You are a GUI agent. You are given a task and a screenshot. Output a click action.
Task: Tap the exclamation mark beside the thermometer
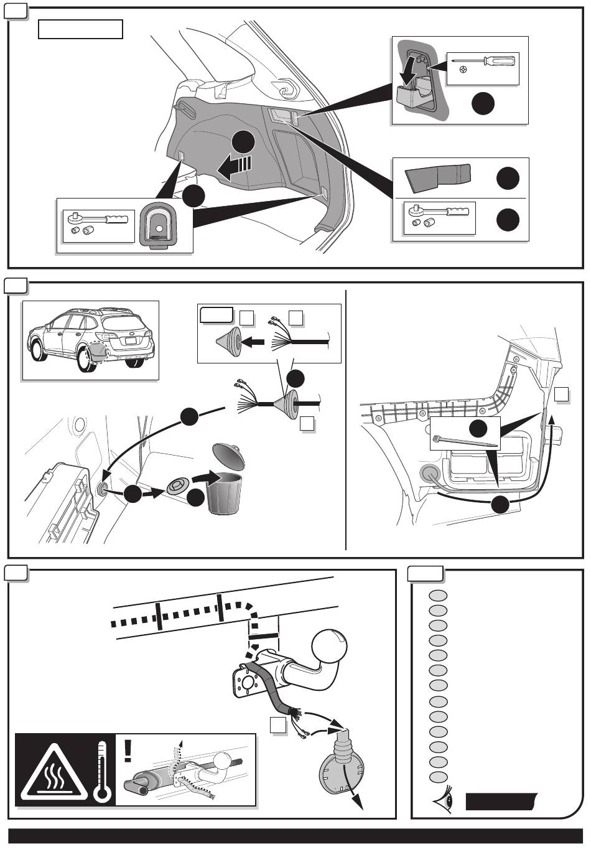128,750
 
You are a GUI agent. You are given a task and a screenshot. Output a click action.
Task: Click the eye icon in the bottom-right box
446,802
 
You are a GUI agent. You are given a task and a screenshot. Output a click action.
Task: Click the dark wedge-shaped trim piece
438,177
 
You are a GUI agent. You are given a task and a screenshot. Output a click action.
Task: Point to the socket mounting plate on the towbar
245,683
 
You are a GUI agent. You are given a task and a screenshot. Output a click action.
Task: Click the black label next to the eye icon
501,802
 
